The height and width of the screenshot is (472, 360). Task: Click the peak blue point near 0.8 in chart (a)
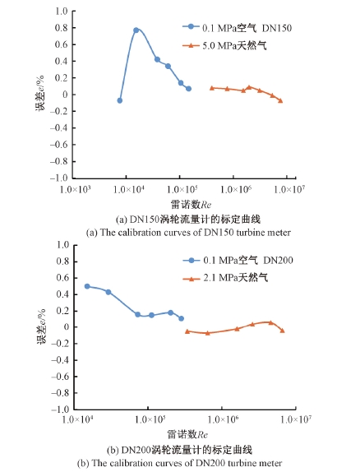pos(136,30)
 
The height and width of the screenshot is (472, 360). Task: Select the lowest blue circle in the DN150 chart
pos(120,100)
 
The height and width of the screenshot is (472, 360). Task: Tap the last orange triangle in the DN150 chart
pos(280,100)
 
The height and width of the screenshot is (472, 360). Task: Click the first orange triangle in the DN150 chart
pos(212,88)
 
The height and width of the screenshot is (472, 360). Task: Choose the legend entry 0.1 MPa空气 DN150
pos(238,28)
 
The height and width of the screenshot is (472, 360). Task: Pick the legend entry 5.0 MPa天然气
pos(224,46)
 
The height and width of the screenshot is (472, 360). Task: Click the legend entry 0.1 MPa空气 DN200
pos(238,260)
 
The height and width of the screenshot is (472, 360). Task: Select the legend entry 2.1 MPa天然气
pos(225,278)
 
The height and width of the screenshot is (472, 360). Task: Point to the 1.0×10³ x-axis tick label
pos(76,189)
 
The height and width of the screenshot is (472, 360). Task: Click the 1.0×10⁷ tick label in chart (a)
pos(289,189)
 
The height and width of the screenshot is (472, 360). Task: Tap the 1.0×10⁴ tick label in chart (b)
pos(77,419)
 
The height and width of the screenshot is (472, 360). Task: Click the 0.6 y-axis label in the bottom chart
pos(62,278)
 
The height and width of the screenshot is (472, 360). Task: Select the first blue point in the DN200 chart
pos(87,286)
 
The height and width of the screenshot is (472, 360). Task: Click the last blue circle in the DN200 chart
pos(181,318)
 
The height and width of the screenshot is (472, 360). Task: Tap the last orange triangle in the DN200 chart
pos(283,331)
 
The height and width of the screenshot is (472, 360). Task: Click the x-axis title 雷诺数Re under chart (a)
pos(192,205)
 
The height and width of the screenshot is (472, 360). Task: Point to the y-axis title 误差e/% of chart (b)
pos(41,326)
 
